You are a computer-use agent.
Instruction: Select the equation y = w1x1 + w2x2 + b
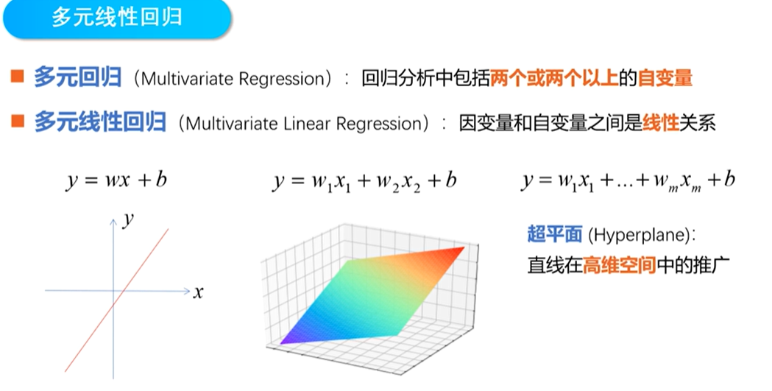(364, 181)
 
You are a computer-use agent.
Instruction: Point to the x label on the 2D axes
(198, 292)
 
